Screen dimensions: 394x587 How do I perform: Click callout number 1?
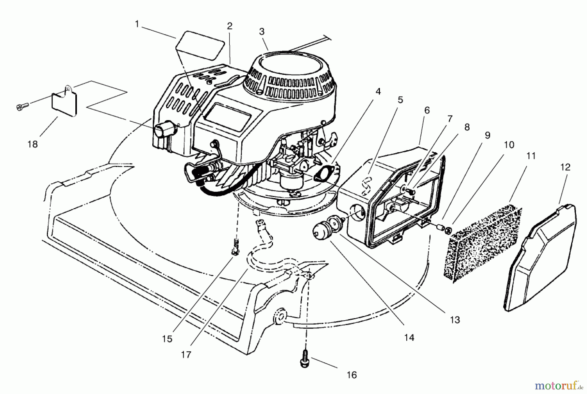coord(137,24)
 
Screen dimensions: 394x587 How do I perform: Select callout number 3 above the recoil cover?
coord(262,32)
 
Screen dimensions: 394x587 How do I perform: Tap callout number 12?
coord(565,167)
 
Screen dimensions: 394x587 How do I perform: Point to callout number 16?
coord(352,375)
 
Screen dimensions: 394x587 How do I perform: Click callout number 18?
coord(33,144)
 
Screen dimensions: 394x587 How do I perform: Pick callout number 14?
coord(409,338)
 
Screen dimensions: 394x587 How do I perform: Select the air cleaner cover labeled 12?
coord(540,258)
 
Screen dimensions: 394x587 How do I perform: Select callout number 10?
coord(509,145)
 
